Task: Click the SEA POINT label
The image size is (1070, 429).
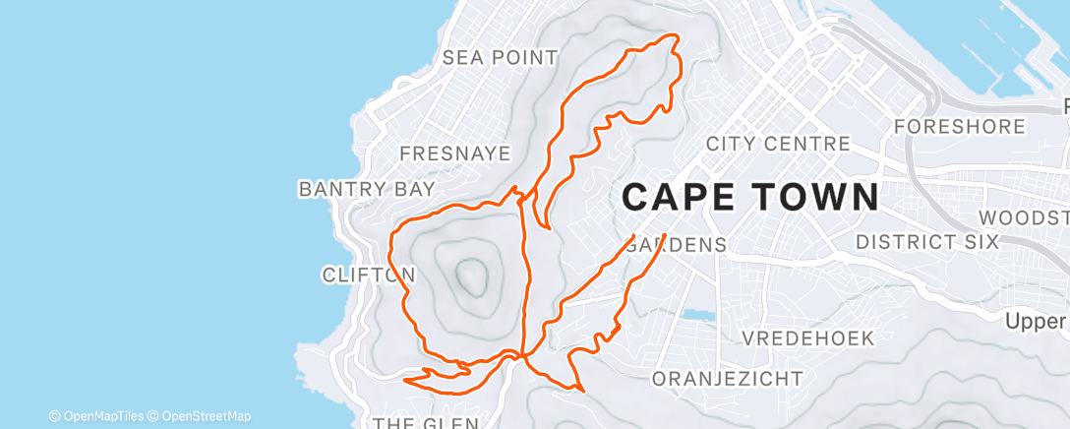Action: [500, 57]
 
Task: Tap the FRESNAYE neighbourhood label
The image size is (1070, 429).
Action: [455, 153]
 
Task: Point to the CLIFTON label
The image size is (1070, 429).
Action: [368, 275]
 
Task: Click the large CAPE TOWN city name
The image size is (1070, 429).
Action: [751, 198]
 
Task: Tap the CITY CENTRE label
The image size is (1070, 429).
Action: [778, 144]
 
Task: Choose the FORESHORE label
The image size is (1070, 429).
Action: [960, 126]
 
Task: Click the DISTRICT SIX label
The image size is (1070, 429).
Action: [926, 241]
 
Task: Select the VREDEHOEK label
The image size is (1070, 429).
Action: [807, 338]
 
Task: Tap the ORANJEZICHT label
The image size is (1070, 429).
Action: [728, 379]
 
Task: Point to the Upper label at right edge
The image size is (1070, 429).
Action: [1037, 321]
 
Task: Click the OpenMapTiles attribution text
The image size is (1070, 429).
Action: [96, 416]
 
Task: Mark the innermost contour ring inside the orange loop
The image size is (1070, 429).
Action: [471, 276]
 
